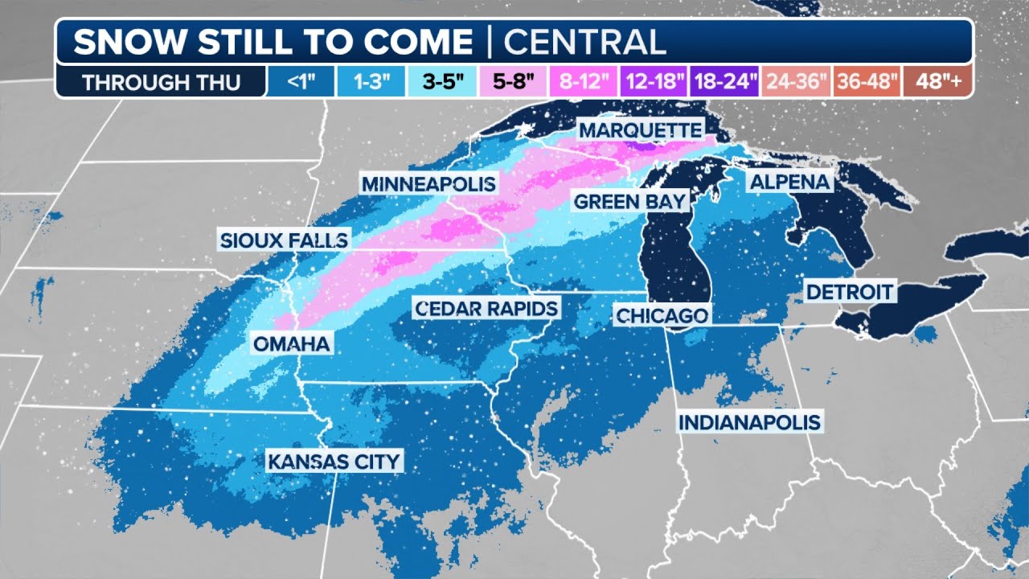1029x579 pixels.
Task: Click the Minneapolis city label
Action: pos(428,183)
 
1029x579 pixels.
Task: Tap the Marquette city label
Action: pos(641,129)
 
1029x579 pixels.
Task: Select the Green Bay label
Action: pos(630,200)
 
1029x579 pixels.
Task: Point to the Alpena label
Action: pos(789,182)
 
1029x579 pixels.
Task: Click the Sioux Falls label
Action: pos(285,240)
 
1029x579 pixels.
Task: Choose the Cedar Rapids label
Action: pos(486,307)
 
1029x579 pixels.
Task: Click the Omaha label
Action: pos(291,344)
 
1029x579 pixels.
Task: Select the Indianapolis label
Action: pos(750,421)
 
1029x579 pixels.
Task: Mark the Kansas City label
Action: pos(334,462)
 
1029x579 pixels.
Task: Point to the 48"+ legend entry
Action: pos(937,82)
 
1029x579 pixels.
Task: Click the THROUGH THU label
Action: pos(161,82)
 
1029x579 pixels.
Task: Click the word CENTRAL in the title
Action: pos(585,42)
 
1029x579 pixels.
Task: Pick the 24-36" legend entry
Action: pos(796,82)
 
